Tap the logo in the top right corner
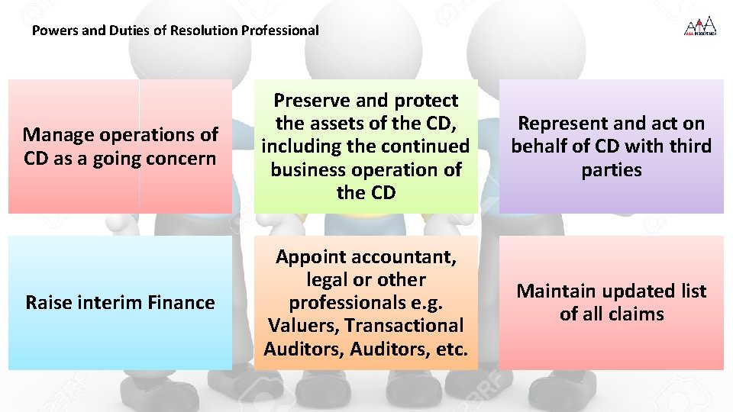(x=699, y=27)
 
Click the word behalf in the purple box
(x=545, y=146)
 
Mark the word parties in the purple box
(x=612, y=169)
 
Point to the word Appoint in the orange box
(x=311, y=257)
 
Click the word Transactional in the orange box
(x=404, y=326)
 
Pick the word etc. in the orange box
(x=450, y=349)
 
